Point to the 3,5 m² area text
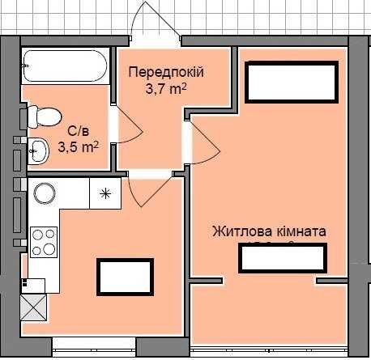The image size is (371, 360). [79, 147]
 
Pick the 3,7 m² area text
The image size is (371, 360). [166, 89]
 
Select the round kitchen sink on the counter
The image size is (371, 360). [43, 193]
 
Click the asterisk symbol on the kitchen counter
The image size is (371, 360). [104, 193]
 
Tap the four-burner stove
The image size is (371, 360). [44, 241]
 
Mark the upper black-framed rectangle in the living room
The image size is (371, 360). [291, 82]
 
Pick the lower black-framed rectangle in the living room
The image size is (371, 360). [283, 258]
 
